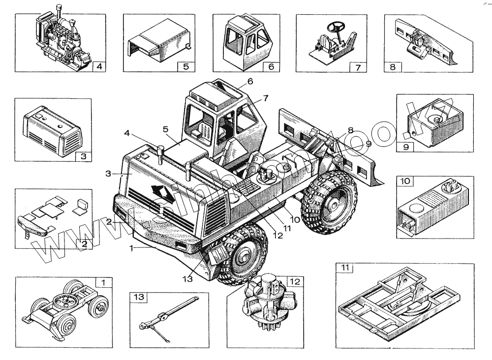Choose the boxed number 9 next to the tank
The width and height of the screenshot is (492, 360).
click(x=406, y=146)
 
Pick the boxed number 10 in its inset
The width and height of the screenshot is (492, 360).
click(x=405, y=181)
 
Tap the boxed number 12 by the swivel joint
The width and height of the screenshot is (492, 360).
click(x=294, y=281)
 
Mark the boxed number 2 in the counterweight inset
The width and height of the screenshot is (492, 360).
click(x=84, y=243)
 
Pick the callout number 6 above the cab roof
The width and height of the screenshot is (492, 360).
click(x=250, y=82)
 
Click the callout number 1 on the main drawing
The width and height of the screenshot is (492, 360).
click(x=131, y=248)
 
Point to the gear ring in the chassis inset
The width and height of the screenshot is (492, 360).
click(x=64, y=300)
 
